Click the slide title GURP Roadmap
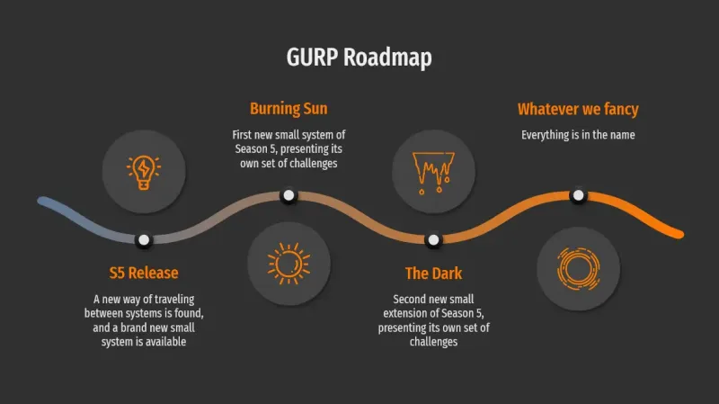359,58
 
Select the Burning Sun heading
288,109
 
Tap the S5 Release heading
144,273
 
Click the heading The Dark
433,273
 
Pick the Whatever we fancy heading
578,109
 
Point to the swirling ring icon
578,267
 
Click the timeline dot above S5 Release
144,239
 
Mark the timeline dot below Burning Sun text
288,194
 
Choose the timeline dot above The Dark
433,239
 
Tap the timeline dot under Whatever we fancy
578,194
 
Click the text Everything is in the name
578,135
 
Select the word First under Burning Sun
244,135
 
